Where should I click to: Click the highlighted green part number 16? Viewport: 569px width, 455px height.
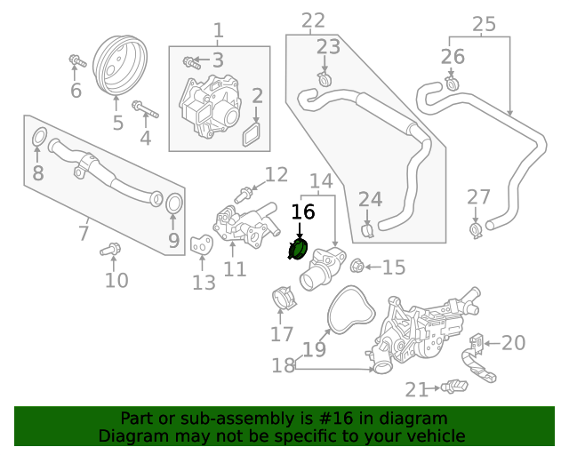[299, 251]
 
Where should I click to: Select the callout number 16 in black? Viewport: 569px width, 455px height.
[303, 212]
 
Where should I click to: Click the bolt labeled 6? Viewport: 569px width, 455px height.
[76, 62]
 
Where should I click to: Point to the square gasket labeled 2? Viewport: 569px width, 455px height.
[253, 133]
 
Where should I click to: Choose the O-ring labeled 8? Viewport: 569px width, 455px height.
[38, 138]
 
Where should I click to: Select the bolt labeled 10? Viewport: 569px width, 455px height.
[110, 251]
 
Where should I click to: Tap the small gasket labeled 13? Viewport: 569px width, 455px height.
[202, 243]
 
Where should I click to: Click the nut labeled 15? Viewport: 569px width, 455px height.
[354, 266]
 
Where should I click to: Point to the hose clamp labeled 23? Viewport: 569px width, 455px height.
[325, 82]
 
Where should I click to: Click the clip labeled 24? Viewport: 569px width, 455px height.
[368, 231]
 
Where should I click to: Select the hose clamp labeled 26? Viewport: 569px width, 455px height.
[452, 85]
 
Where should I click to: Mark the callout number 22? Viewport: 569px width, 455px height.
[313, 20]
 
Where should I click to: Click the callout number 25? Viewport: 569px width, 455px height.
[483, 24]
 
